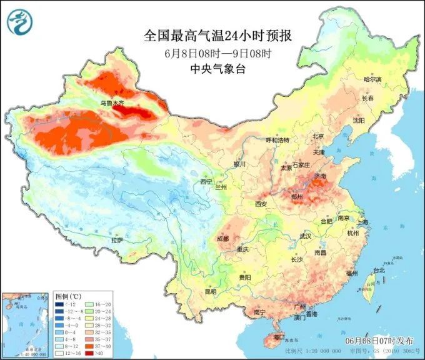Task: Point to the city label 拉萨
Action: pos(117,240)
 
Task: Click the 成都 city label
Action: pos(223,238)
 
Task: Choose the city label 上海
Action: pos(362,222)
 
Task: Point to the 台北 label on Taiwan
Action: pos(379,270)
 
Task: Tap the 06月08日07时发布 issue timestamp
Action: pos(379,341)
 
